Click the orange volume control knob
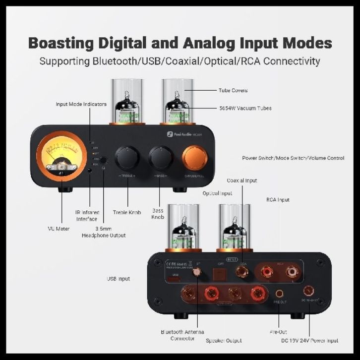pos(194,158)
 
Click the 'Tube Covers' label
pos(233,91)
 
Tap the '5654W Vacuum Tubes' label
pos(245,108)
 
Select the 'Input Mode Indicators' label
pos(81,104)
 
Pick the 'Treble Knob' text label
pos(127,212)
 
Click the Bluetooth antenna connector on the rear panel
pos(197,272)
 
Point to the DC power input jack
pos(309,291)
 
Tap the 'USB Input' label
pos(119,279)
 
